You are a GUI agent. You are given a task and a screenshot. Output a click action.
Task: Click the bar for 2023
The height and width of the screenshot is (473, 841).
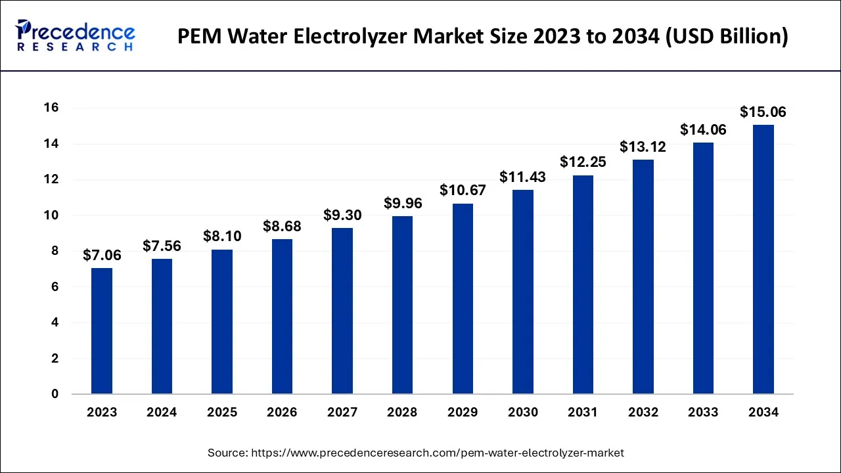click(102, 331)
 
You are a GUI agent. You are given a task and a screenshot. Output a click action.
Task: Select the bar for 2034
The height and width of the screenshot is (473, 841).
click(763, 259)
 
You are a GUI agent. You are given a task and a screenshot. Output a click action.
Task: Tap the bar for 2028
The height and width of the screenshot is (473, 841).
click(402, 305)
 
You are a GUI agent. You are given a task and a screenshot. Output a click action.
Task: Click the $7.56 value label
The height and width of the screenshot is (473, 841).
click(162, 246)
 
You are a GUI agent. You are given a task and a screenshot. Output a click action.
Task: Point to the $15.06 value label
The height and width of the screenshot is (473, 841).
click(763, 112)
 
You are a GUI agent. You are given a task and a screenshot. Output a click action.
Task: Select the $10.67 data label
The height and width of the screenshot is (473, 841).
click(463, 191)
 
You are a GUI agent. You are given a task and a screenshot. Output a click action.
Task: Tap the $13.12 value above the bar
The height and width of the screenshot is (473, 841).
click(643, 147)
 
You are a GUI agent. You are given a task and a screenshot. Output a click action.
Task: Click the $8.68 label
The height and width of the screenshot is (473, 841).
click(282, 227)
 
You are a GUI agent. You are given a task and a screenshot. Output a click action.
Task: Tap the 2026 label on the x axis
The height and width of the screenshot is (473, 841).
click(282, 413)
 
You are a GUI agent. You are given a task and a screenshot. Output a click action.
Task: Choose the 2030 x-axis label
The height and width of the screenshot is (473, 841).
click(522, 413)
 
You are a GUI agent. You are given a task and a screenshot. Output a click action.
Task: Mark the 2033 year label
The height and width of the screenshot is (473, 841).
click(703, 413)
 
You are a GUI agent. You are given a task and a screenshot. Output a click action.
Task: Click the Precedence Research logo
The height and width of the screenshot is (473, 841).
click(76, 35)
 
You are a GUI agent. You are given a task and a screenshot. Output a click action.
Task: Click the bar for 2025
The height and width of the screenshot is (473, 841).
click(222, 322)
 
